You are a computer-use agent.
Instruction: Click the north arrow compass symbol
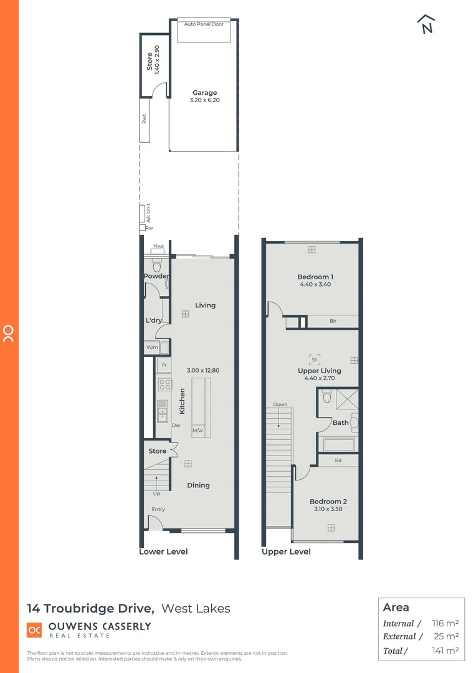pyautogui.click(x=426, y=24)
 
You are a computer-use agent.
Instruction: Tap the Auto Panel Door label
pyautogui.click(x=204, y=24)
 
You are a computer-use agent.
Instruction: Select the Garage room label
pyautogui.click(x=204, y=93)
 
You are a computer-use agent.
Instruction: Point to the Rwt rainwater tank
pyautogui.click(x=144, y=120)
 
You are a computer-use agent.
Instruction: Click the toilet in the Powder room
pyautogui.click(x=156, y=266)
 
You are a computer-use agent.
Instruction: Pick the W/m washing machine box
pyautogui.click(x=152, y=348)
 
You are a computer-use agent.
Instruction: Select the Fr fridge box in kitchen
pyautogui.click(x=164, y=365)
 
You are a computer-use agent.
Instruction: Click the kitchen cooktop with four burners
pyautogui.click(x=164, y=384)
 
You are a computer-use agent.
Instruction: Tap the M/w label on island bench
pyautogui.click(x=198, y=431)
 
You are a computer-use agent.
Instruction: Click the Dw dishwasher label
pyautogui.click(x=176, y=426)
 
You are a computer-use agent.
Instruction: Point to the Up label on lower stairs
pyautogui.click(x=156, y=494)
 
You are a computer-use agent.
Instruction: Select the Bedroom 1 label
pyautogui.click(x=315, y=277)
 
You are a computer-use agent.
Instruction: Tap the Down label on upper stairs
pyautogui.click(x=280, y=404)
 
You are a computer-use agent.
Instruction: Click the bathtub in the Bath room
pyautogui.click(x=338, y=444)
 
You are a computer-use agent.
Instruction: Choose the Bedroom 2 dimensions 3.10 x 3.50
pyautogui.click(x=328, y=509)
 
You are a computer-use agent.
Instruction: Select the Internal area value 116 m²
pyautogui.click(x=445, y=623)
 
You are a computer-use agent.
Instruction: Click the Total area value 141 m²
pyautogui.click(x=445, y=651)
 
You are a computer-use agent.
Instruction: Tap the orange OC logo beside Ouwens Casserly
pyautogui.click(x=34, y=630)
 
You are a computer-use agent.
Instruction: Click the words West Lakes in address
pyautogui.click(x=196, y=608)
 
